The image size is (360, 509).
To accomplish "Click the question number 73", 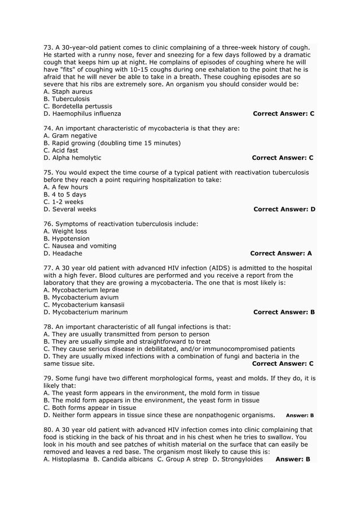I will tap(48, 47).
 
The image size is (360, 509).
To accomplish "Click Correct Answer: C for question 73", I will tap(284, 113).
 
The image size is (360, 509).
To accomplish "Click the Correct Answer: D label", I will tap(284, 209).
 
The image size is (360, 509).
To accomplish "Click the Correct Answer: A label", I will tap(281, 253).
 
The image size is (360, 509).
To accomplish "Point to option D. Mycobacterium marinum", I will tap(85, 312).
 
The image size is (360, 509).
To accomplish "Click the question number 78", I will tap(48, 327).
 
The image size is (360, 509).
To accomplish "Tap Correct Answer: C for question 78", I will tap(283, 363).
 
